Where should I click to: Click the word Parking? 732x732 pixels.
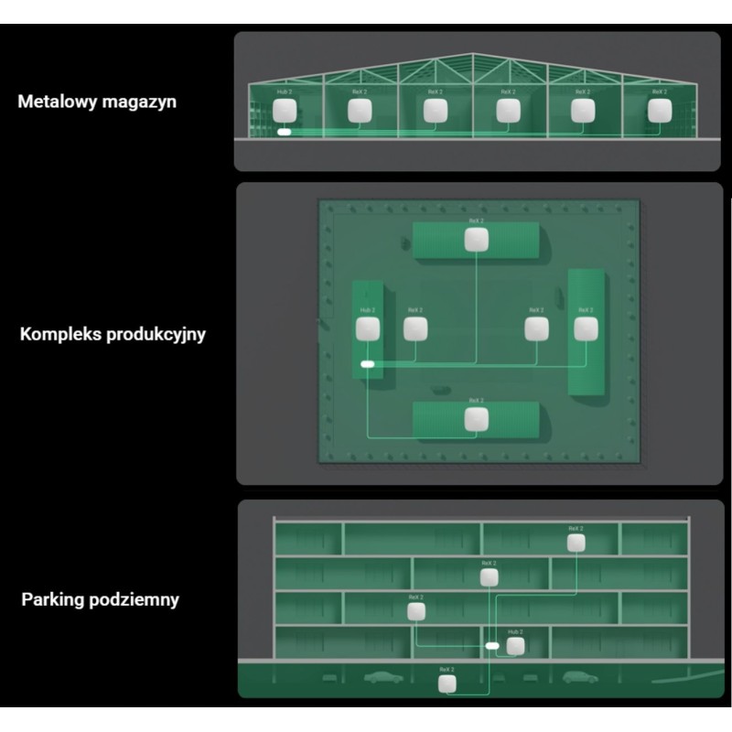(x=53, y=600)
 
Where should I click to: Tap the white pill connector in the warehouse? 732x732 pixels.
(x=284, y=134)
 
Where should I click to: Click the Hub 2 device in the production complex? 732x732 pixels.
(x=368, y=329)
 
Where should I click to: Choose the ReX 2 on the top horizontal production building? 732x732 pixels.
(x=476, y=240)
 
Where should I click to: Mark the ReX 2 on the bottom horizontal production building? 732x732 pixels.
(x=476, y=419)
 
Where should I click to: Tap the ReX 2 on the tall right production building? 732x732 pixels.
(x=585, y=329)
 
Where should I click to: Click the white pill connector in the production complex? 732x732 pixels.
(x=368, y=364)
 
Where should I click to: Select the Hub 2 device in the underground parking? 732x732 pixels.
(x=516, y=646)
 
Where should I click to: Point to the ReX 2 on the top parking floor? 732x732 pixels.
(x=576, y=543)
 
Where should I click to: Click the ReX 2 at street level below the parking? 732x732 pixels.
(x=447, y=683)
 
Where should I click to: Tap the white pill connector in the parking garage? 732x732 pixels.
(x=492, y=646)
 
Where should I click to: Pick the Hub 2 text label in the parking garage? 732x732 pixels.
(x=516, y=631)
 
